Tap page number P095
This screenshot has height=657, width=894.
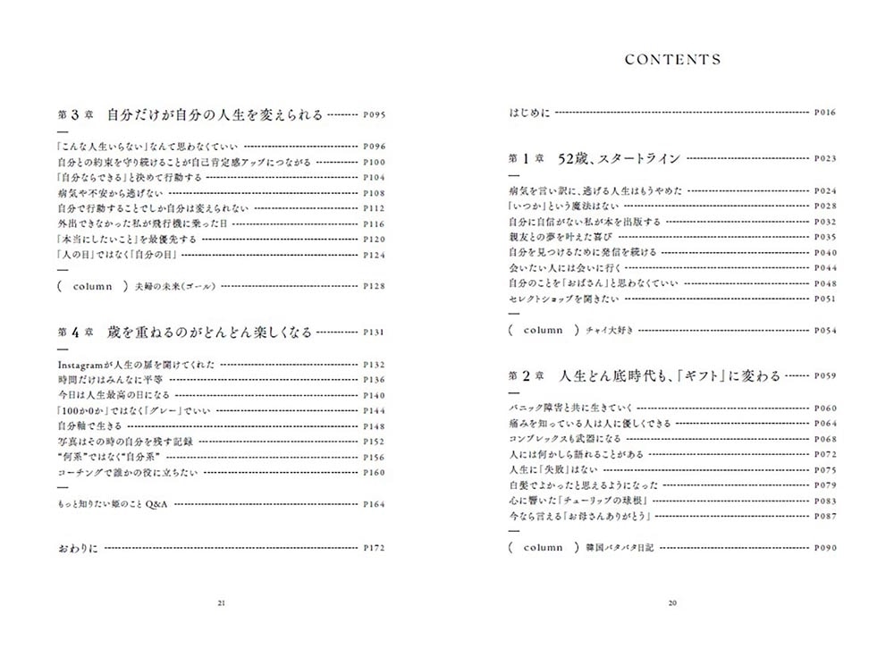[x=374, y=115]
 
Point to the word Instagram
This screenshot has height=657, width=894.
[x=81, y=365]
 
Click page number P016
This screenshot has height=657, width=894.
[x=824, y=114]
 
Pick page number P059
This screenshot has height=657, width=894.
[x=824, y=376]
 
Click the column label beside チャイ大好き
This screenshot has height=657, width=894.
[x=543, y=330]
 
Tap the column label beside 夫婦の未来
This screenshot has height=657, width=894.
[x=93, y=286]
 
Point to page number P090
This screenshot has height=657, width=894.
[x=824, y=547]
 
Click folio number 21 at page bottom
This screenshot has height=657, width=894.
[x=222, y=602]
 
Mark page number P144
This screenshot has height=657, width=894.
[x=374, y=409]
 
